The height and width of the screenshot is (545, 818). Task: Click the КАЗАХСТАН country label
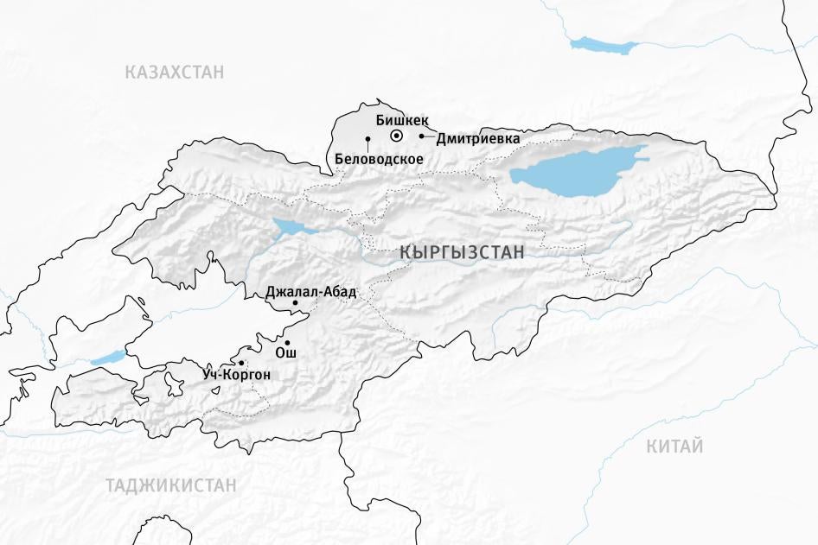[x=174, y=72]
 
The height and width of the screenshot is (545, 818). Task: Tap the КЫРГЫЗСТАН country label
[x=462, y=252]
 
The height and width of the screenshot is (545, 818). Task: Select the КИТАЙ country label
[x=674, y=447]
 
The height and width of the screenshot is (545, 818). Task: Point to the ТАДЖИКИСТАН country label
[x=171, y=485]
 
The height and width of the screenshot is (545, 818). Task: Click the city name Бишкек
[x=402, y=121]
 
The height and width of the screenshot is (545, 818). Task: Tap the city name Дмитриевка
[x=478, y=138]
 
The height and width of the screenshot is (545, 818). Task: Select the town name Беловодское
[x=378, y=159]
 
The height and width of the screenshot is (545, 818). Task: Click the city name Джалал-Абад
[x=310, y=292]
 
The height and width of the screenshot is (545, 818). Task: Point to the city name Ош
[x=284, y=353]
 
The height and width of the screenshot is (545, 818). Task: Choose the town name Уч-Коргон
[x=238, y=375]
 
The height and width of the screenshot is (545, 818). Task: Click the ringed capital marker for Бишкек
[x=396, y=136]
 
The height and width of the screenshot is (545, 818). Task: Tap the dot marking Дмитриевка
[x=422, y=136]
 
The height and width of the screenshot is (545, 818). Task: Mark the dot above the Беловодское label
[x=367, y=139]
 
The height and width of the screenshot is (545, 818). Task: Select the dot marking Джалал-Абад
[x=295, y=302]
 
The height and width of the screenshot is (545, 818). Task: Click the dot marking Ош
[x=286, y=342]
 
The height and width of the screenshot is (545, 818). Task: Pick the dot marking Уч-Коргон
[x=241, y=363]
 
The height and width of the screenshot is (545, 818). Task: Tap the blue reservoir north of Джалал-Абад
[x=287, y=228]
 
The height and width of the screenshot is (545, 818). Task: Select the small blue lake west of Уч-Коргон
[x=108, y=357]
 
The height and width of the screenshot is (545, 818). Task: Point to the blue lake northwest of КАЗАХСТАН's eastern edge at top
[x=603, y=44]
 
